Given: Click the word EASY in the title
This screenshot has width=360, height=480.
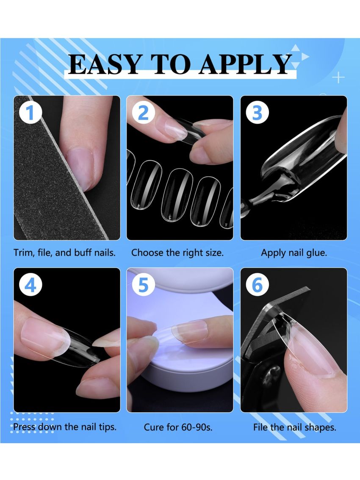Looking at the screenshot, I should [104, 64].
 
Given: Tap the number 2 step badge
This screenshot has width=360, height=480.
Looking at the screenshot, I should [144, 113].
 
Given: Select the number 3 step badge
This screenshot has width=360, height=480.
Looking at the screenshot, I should [257, 113].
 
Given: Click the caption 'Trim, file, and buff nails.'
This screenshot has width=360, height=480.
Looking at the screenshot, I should [64, 253].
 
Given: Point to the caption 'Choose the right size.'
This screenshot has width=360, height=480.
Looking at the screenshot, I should [177, 253].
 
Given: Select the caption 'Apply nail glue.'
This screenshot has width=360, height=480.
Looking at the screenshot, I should [294, 253].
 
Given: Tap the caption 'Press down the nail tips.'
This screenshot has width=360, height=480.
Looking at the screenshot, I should [65, 426].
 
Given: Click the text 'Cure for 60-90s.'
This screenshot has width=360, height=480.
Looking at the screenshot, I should [178, 427].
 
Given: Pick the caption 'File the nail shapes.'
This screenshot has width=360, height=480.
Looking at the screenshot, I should [295, 427].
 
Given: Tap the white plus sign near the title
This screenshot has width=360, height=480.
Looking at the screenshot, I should [338, 78].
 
